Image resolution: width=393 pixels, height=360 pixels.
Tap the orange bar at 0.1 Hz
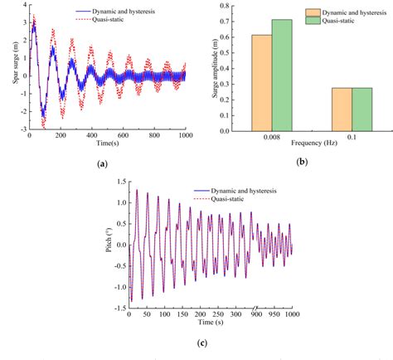342,109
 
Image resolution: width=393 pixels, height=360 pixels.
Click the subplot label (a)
102,164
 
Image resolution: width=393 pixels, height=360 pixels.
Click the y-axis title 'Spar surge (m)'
7,66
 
